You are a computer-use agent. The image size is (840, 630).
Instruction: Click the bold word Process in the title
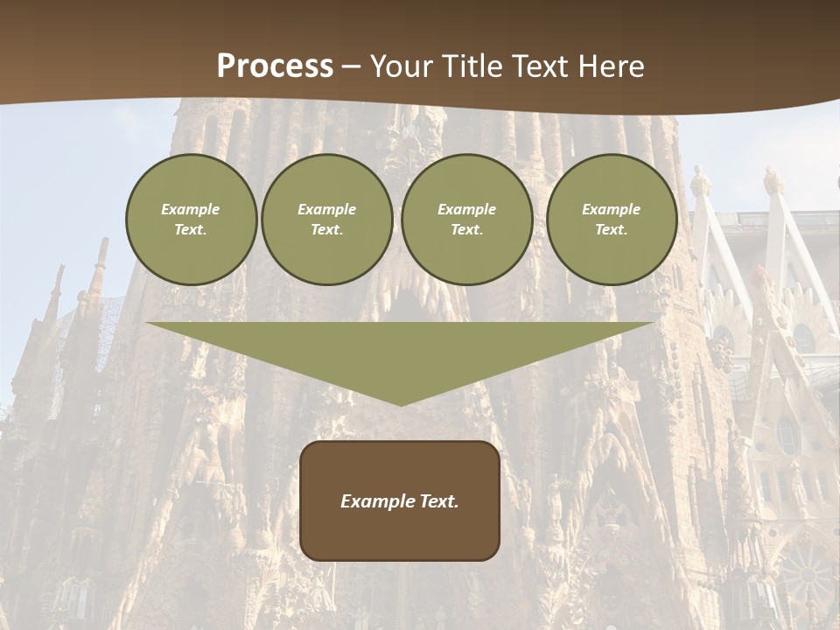(275, 66)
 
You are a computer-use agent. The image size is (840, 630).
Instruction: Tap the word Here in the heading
(609, 66)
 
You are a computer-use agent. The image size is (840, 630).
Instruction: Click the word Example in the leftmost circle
(191, 209)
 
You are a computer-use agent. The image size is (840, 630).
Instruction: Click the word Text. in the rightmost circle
(611, 230)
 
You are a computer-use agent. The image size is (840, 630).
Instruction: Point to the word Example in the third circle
(466, 209)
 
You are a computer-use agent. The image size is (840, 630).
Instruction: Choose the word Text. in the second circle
(326, 230)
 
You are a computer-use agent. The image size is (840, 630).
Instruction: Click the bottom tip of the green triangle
(400, 403)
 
